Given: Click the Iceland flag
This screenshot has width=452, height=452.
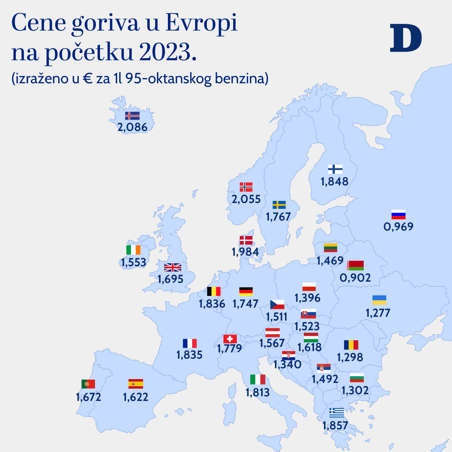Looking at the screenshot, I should (132, 116).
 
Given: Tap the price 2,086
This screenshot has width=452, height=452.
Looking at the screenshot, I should (133, 127).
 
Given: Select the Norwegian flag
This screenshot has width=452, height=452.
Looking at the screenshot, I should (246, 187).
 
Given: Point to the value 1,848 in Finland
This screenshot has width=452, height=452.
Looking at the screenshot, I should (334, 181).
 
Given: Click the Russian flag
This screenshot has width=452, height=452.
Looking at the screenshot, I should (398, 215).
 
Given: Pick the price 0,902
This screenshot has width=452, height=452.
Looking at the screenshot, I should (355, 277).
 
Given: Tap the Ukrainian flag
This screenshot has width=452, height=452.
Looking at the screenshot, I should (379, 300).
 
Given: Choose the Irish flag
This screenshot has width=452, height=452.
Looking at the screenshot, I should (133, 250).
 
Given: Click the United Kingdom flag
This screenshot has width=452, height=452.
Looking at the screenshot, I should (172, 267).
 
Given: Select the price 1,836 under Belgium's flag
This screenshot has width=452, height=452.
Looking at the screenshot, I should (212, 304).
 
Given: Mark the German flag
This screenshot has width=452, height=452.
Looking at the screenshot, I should (246, 291).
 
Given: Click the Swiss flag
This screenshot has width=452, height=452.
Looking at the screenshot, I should (230, 339).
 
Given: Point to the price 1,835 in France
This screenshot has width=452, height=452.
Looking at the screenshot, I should (190, 355).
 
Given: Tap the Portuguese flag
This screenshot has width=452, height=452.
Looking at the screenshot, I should (88, 384).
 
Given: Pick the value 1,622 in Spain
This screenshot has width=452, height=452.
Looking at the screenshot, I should (136, 397).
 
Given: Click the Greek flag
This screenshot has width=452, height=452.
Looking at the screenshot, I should (336, 413).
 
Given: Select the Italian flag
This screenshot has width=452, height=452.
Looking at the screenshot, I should (257, 380).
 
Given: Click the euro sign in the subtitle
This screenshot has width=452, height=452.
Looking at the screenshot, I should (88, 79).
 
